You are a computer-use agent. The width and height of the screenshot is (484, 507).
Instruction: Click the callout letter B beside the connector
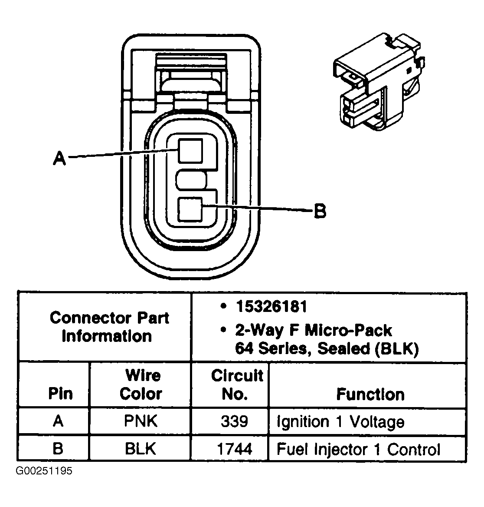click(320, 212)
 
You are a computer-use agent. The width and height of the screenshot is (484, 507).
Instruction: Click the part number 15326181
click(271, 307)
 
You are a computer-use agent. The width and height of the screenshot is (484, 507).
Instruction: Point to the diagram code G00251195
click(44, 471)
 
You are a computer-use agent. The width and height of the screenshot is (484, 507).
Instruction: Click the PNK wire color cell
click(141, 421)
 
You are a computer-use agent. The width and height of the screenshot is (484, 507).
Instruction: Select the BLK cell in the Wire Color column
click(141, 448)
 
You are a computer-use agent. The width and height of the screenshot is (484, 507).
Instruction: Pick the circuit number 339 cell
click(234, 421)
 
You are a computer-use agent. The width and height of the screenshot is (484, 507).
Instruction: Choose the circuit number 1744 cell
click(234, 448)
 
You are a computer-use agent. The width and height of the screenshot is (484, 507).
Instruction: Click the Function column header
click(370, 394)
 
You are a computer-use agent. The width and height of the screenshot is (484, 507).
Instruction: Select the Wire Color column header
click(141, 384)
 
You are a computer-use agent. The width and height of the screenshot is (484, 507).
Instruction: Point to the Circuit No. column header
click(236, 384)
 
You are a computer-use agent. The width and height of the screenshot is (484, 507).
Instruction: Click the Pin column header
click(60, 394)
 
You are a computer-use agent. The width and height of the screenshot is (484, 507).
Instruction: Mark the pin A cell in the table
click(58, 421)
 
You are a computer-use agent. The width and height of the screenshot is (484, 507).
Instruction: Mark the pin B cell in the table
click(58, 448)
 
